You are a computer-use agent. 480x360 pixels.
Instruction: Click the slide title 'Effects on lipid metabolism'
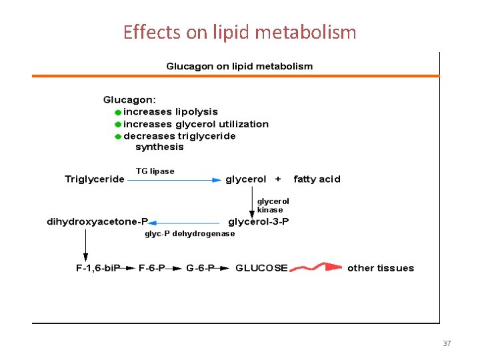pyautogui.click(x=239, y=31)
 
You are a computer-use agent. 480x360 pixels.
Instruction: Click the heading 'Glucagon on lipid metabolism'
pyautogui.click(x=239, y=67)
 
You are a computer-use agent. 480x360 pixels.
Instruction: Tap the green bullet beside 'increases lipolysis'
pyautogui.click(x=118, y=113)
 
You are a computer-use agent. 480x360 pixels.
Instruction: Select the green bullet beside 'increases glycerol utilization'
pyautogui.click(x=118, y=125)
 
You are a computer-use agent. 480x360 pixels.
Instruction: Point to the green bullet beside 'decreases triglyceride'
pyautogui.click(x=118, y=137)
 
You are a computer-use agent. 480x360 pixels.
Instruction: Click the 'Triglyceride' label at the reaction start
pyautogui.click(x=95, y=179)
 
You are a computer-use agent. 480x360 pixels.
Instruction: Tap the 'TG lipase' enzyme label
pyautogui.click(x=155, y=171)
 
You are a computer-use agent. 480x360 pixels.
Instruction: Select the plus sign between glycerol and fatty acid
pyautogui.click(x=278, y=179)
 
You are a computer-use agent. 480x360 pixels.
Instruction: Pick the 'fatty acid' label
pyautogui.click(x=317, y=179)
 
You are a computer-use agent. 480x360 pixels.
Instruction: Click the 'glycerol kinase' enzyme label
pyautogui.click(x=273, y=205)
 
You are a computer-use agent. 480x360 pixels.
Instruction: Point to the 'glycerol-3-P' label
pyautogui.click(x=259, y=222)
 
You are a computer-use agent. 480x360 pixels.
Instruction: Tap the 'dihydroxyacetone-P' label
pyautogui.click(x=97, y=222)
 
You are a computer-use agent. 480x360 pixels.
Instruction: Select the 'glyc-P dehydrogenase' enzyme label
pyautogui.click(x=190, y=234)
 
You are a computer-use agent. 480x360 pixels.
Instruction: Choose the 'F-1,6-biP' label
pyautogui.click(x=98, y=268)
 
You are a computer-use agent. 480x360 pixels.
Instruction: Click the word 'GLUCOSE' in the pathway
pyautogui.click(x=261, y=268)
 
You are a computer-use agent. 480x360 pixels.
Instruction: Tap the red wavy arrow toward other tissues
pyautogui.click(x=316, y=268)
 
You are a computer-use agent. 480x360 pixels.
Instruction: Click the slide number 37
pyautogui.click(x=447, y=343)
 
